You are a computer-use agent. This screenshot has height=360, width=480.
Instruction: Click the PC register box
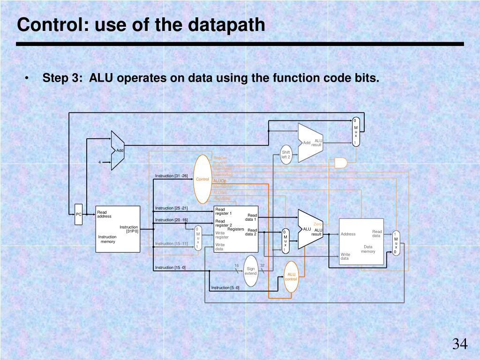[78, 214]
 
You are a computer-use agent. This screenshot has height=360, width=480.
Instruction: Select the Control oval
[202, 179]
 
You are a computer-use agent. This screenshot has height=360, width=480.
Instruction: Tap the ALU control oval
[292, 277]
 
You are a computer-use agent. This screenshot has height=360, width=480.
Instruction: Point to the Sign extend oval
[251, 271]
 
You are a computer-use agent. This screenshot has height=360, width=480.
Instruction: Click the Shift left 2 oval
[286, 155]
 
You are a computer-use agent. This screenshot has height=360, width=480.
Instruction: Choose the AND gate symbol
[341, 163]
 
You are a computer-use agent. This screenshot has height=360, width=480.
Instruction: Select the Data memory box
[361, 241]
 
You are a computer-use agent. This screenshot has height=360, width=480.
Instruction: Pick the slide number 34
[459, 345]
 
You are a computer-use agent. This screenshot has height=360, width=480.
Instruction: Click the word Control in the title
[48, 24]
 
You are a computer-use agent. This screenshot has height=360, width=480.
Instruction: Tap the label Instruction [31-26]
[172, 176]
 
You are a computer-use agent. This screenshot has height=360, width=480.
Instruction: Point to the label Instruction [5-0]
[225, 288]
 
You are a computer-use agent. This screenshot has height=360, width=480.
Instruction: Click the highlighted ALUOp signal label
[220, 180]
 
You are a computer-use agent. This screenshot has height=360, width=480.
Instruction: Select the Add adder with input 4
[118, 150]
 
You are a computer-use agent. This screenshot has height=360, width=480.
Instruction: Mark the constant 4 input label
[99, 162]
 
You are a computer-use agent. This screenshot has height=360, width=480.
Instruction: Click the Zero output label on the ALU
[317, 224]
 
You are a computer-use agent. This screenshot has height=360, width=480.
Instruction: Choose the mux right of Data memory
[396, 242]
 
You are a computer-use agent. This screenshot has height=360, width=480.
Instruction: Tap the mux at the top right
[356, 132]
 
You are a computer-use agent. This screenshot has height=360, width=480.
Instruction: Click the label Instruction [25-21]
[172, 208]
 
